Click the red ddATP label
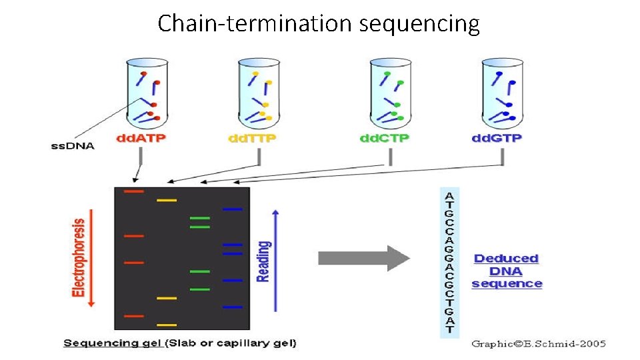pos(141,139)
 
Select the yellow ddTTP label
pos(253,139)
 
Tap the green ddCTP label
pos(385,139)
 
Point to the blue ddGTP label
pos(497,139)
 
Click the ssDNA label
pos(73,145)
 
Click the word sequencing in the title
pos(419,24)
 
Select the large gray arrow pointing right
pos(363,258)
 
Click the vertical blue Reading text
pos(264,261)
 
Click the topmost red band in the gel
pos(134,191)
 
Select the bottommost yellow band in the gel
pos(167,325)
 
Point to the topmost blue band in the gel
pos(233,209)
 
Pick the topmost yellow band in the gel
pos(167,200)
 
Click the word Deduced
pos(506,258)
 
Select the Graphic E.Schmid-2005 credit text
pos(539,343)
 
